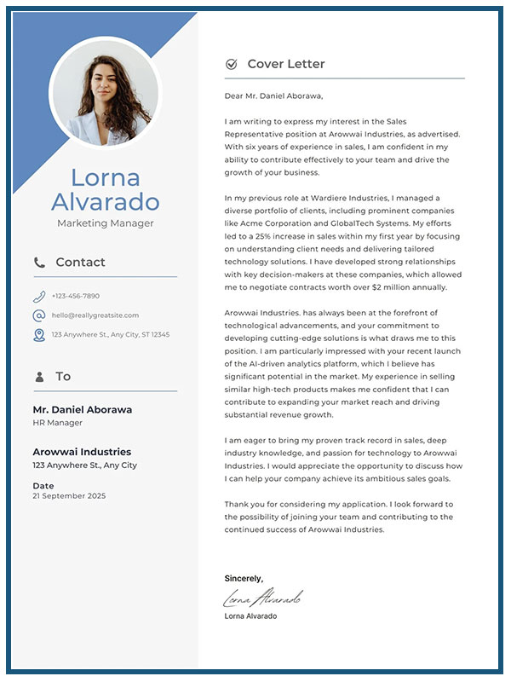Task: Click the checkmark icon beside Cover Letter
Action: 231,64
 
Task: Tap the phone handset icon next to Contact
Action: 39,263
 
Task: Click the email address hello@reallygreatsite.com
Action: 95,315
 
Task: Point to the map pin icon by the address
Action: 39,335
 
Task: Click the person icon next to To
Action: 39,377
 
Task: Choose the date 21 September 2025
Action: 70,495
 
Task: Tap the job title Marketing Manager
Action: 106,223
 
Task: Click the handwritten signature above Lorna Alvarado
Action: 262,597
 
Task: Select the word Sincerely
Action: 244,578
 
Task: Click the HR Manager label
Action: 57,423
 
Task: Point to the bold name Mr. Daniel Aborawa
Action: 82,409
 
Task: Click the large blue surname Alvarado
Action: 106,202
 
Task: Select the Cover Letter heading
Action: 286,64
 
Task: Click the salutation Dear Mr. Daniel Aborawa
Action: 273,95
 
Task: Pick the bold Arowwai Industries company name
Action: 82,452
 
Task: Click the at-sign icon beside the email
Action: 39,315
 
